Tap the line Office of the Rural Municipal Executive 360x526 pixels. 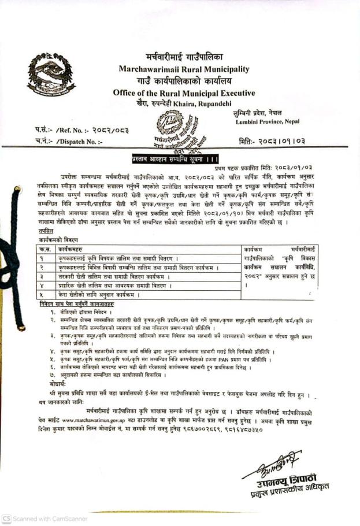(x=184, y=92)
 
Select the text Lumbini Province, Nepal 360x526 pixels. (x=268, y=122)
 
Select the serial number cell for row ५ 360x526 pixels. (x=44, y=294)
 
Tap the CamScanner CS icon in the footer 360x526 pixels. (x=6, y=518)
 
